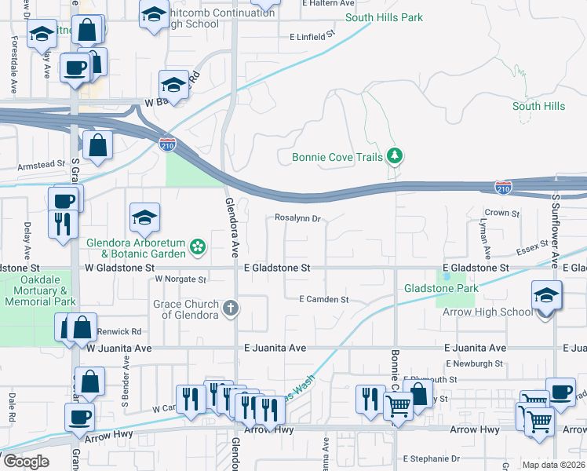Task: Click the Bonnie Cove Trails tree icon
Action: tap(395, 156)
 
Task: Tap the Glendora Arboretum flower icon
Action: tap(198, 248)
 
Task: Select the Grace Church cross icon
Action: tap(231, 308)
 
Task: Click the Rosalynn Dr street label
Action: tap(298, 219)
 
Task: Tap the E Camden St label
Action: tap(323, 299)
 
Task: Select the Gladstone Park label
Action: tap(441, 289)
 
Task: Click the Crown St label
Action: tap(502, 213)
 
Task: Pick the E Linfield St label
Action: tap(312, 35)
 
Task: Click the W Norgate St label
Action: tap(180, 279)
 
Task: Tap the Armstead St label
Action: tap(41, 165)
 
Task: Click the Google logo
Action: tap(25, 462)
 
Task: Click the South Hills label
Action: tap(538, 106)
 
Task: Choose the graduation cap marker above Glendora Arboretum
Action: tap(144, 218)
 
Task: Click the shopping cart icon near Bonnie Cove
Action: tap(398, 406)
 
